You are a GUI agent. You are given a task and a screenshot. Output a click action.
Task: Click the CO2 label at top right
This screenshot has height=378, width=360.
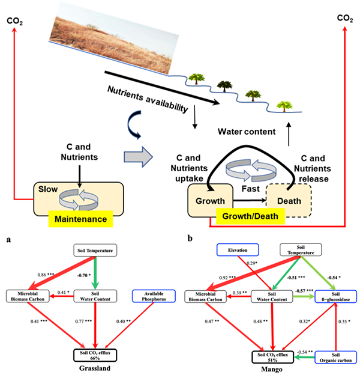(344, 18)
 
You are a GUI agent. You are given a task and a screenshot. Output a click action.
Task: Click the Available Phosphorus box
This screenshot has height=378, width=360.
(151, 296)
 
